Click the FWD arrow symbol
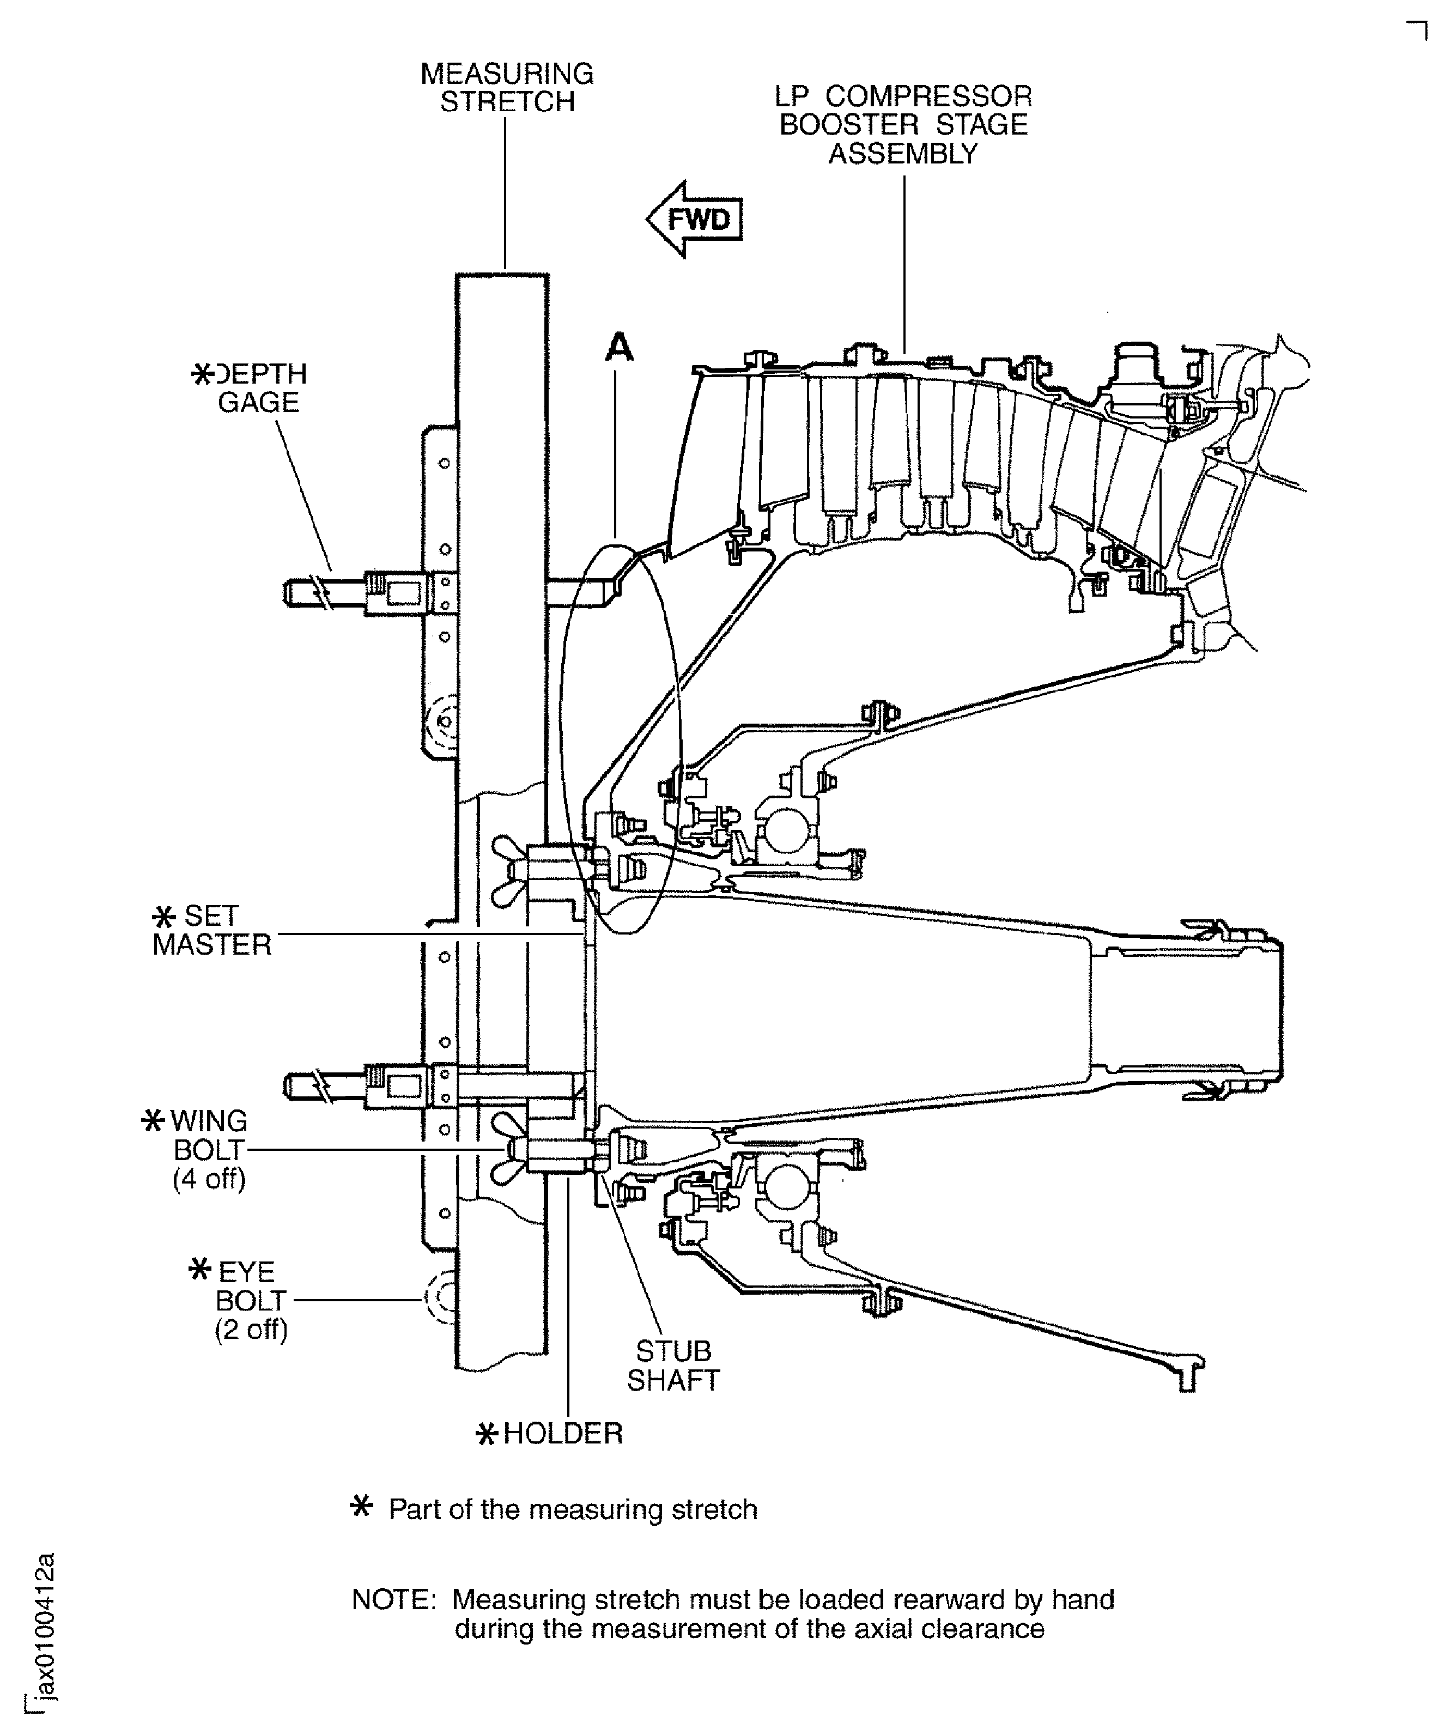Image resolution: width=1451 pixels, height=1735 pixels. click(694, 220)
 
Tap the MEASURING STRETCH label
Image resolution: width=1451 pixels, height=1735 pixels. click(507, 88)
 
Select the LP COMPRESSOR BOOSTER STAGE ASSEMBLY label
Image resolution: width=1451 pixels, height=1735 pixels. click(903, 125)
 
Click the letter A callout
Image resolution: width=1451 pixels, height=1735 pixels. click(619, 348)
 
